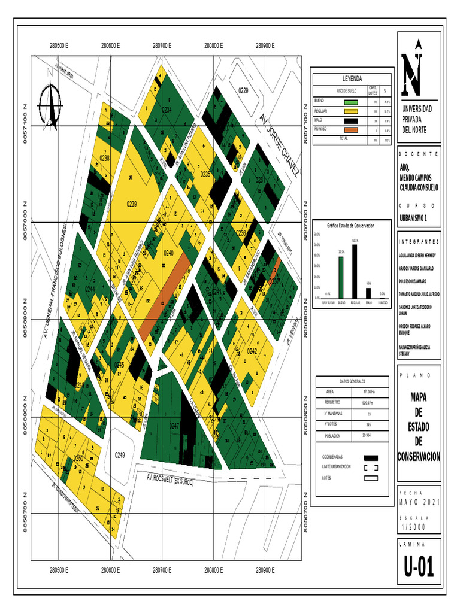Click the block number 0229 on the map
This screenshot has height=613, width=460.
[x=243, y=90]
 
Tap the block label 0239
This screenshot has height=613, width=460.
[x=132, y=204]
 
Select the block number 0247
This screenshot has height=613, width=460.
[x=174, y=426]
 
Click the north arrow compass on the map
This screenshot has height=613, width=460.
[x=52, y=105]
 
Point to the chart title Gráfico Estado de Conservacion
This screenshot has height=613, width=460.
[x=350, y=226]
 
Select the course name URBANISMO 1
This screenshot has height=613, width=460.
[x=414, y=218]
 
